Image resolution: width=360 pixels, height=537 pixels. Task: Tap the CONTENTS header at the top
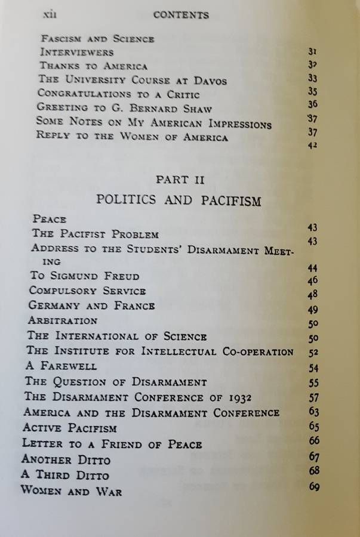pos(181,14)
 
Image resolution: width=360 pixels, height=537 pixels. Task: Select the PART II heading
pos(179,179)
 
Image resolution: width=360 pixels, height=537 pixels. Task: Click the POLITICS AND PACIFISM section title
pos(179,200)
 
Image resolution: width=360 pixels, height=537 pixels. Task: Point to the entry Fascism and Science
pos(97,39)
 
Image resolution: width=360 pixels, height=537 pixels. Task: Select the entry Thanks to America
pos(93,66)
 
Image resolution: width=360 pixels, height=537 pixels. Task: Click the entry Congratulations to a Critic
pos(118,94)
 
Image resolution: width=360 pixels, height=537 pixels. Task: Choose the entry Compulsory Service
pos(87,291)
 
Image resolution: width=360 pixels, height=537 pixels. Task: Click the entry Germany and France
pos(91,306)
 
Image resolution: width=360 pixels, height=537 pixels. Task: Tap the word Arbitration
pos(63,321)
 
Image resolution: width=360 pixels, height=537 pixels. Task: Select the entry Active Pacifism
pos(69,428)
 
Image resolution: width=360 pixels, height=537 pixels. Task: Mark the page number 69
pos(315,487)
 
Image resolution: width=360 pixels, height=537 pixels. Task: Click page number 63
pos(315,412)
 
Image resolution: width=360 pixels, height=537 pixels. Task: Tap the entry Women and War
pos(71,492)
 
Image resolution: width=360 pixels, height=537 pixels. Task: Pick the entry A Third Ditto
pos(65,476)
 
